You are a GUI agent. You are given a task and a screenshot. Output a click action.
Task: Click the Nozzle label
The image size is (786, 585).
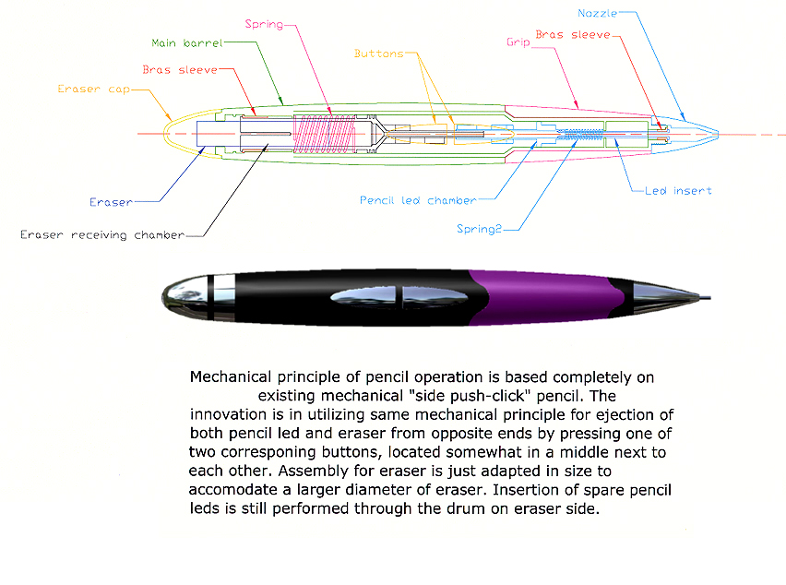pos(597,14)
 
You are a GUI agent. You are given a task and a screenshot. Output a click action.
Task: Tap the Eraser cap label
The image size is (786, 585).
pos(94,90)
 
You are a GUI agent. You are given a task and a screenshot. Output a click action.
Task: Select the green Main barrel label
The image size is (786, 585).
pos(187,43)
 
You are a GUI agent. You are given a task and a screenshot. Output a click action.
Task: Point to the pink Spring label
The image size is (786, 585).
pos(264,24)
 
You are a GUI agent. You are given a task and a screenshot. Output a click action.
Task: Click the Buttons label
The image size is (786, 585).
pos(379,54)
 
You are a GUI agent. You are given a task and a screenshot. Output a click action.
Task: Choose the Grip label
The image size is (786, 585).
pos(518,42)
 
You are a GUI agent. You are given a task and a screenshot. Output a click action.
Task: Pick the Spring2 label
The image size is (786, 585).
pos(479,229)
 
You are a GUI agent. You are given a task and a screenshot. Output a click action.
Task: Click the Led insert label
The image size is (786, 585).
pos(678,191)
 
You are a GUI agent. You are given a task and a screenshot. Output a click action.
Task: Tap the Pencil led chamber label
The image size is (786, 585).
pos(418,200)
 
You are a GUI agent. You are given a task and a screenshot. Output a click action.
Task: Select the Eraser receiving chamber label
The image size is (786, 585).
pos(102,235)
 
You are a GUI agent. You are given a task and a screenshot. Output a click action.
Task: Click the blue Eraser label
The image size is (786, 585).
pos(111,202)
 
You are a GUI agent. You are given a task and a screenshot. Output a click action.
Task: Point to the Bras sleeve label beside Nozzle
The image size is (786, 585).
pos(573,34)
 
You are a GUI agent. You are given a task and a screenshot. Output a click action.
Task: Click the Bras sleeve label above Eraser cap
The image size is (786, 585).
pos(180,70)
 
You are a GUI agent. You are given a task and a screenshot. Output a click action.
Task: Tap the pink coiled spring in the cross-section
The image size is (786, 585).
pos(325,134)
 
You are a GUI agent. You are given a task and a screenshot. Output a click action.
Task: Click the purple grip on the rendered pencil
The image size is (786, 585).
pos(546,297)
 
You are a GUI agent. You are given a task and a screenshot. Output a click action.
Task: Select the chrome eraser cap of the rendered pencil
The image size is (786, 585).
pos(185,297)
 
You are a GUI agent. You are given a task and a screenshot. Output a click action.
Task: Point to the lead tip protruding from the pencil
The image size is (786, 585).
pos(704,298)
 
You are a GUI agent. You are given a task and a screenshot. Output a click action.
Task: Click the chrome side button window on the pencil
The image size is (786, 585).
pos(399,297)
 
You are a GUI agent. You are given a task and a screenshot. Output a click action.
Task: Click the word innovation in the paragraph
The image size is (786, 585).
pos(228,414)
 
